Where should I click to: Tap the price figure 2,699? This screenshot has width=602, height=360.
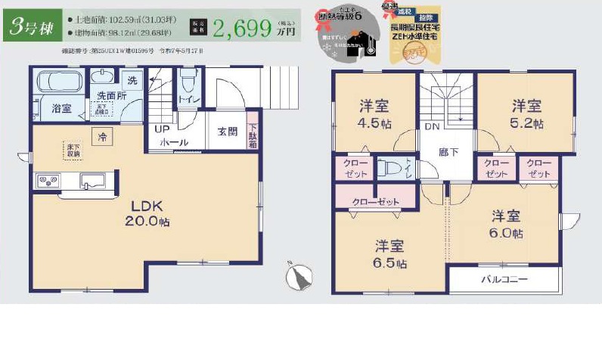(242, 28)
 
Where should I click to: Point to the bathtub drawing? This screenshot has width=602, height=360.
(59, 82)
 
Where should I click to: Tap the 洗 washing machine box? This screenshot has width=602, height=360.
(132, 80)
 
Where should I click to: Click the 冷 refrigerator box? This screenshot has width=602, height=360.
(101, 136)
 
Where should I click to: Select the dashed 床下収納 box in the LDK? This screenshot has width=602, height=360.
(73, 150)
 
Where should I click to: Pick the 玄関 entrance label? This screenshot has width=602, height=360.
(227, 132)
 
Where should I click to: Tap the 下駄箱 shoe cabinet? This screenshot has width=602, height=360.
(253, 136)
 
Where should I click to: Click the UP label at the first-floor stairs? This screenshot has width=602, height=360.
(163, 129)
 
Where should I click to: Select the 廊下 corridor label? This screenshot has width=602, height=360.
(448, 151)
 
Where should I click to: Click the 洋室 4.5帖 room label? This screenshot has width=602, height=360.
(375, 114)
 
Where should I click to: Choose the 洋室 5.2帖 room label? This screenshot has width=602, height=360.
(527, 113)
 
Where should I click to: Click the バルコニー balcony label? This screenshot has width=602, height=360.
(505, 279)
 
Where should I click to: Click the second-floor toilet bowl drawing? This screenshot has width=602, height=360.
(390, 168)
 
